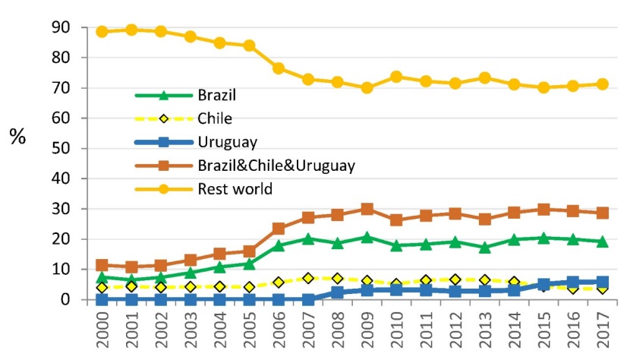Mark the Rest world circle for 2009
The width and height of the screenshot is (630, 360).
point(367,87)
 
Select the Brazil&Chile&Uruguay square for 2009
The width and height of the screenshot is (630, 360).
point(367,209)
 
